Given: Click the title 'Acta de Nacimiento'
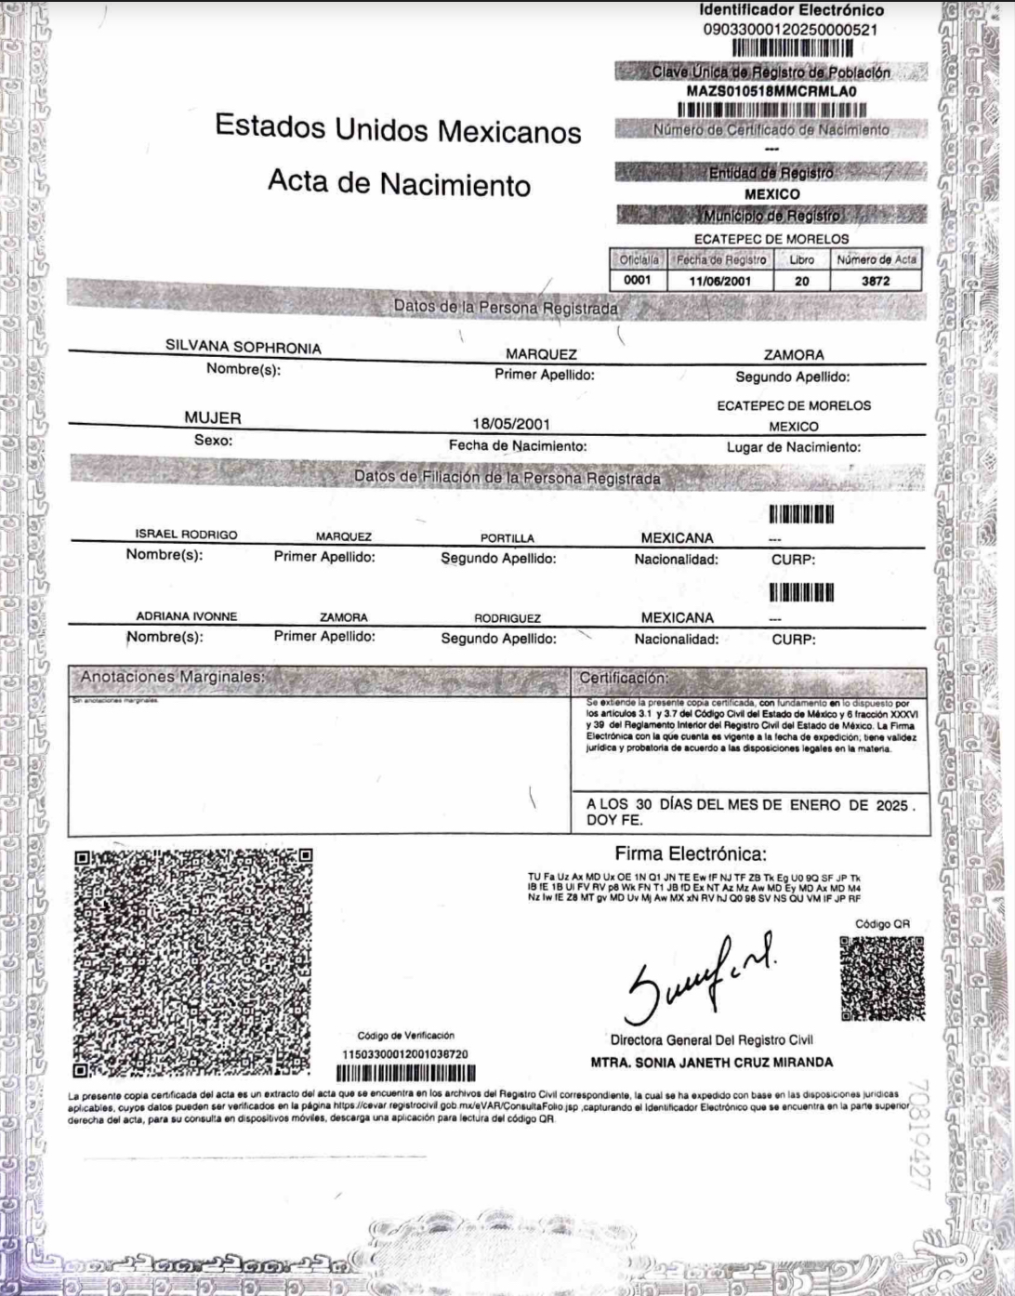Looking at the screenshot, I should pos(399,183).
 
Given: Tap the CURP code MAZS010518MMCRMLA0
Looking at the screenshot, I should pos(771,91).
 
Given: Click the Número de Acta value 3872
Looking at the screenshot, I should pos(877,279).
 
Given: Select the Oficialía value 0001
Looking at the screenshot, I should pos(638,279).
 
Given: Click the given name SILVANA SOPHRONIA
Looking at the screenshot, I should pos(244,348).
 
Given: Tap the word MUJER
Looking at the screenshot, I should pos(213,418).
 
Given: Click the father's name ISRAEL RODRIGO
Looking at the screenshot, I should pos(186,536).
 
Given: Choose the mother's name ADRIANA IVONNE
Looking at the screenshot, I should pos(186,616).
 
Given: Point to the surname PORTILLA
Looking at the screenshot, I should pos(507,538).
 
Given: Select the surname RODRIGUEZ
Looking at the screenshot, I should pos(507,618).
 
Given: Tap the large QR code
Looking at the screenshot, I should pos(192,959).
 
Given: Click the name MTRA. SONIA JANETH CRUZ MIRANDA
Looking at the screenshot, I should pos(712,1062).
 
